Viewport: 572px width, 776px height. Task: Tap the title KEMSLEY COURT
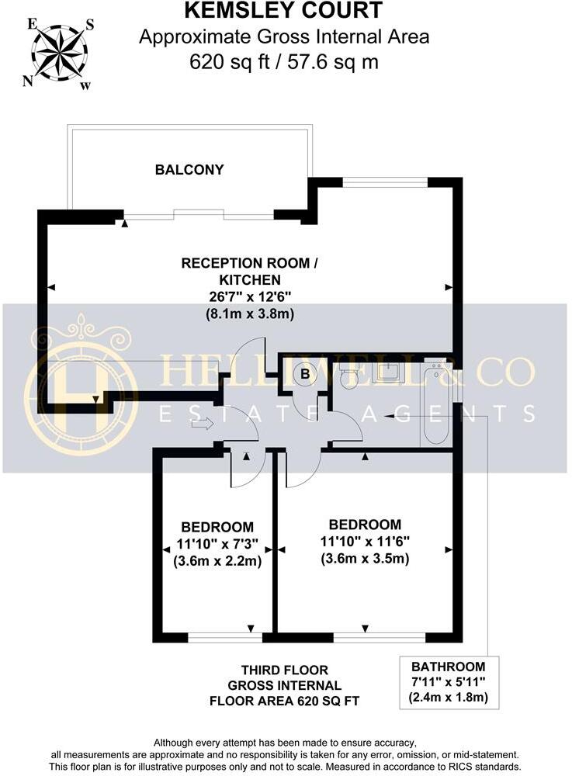tap(283, 11)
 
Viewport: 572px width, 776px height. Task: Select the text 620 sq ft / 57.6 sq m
tap(283, 61)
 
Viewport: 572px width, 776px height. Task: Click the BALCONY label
tap(189, 169)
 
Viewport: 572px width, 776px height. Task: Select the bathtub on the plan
tap(435, 404)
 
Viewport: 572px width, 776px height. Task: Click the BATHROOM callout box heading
tap(448, 666)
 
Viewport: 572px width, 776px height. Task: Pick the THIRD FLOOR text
tap(284, 670)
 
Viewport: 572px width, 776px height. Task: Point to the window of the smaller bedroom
tap(225, 638)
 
